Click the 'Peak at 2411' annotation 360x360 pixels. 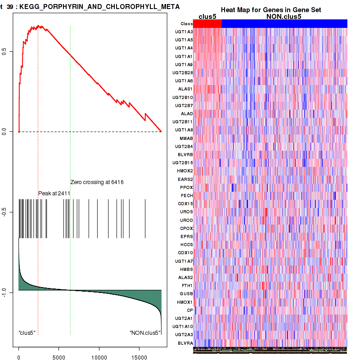tap(54, 193)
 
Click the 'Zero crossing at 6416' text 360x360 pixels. tap(97, 182)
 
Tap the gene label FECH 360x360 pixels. tap(187, 195)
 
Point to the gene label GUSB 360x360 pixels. tap(186, 293)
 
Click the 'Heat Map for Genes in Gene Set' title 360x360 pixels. tap(270, 10)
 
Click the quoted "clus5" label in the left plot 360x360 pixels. tap(27, 333)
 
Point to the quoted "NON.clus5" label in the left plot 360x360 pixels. tap(145, 333)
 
